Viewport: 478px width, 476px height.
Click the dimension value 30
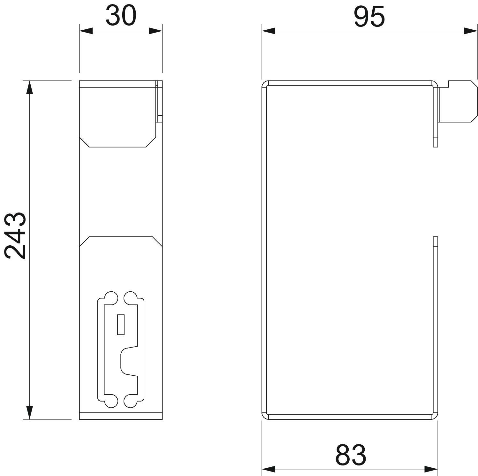coord(121,16)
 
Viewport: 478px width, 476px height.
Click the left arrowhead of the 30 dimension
coord(86,31)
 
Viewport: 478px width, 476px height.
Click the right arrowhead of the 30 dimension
coord(156,31)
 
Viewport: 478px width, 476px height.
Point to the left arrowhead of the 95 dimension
coord(268,31)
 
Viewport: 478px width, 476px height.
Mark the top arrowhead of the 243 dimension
coord(29,88)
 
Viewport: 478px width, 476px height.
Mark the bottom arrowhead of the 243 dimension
coord(29,412)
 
